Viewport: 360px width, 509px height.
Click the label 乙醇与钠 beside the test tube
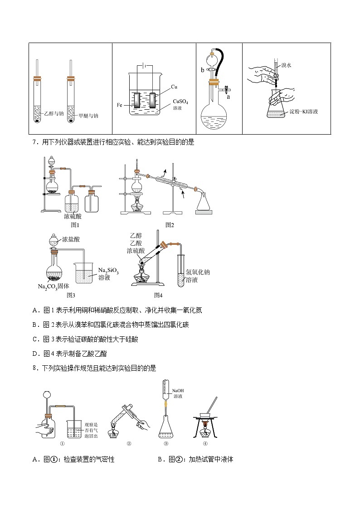pos(54,113)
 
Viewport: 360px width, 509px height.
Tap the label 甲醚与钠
pos(88,116)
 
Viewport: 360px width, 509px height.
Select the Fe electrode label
pos(119,105)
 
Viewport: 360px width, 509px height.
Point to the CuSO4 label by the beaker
pos(180,102)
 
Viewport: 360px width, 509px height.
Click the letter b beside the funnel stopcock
pos(203,70)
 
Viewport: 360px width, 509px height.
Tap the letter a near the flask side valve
pos(228,97)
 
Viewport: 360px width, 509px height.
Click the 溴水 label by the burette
pos(286,65)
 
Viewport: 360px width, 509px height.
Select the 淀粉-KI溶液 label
pos(304,111)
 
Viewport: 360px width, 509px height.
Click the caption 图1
pos(75,225)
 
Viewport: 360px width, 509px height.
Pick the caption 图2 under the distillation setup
pos(170,225)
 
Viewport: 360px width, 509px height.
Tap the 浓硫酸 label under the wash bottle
pos(73,216)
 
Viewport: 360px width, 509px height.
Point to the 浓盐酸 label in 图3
pos(71,239)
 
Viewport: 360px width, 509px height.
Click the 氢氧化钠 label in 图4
pos(198,272)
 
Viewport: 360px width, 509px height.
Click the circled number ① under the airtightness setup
pos(62,444)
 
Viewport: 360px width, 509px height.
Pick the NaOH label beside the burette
pos(178,391)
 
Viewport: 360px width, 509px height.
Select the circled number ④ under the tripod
pos(205,444)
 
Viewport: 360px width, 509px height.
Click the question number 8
pos(35,368)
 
